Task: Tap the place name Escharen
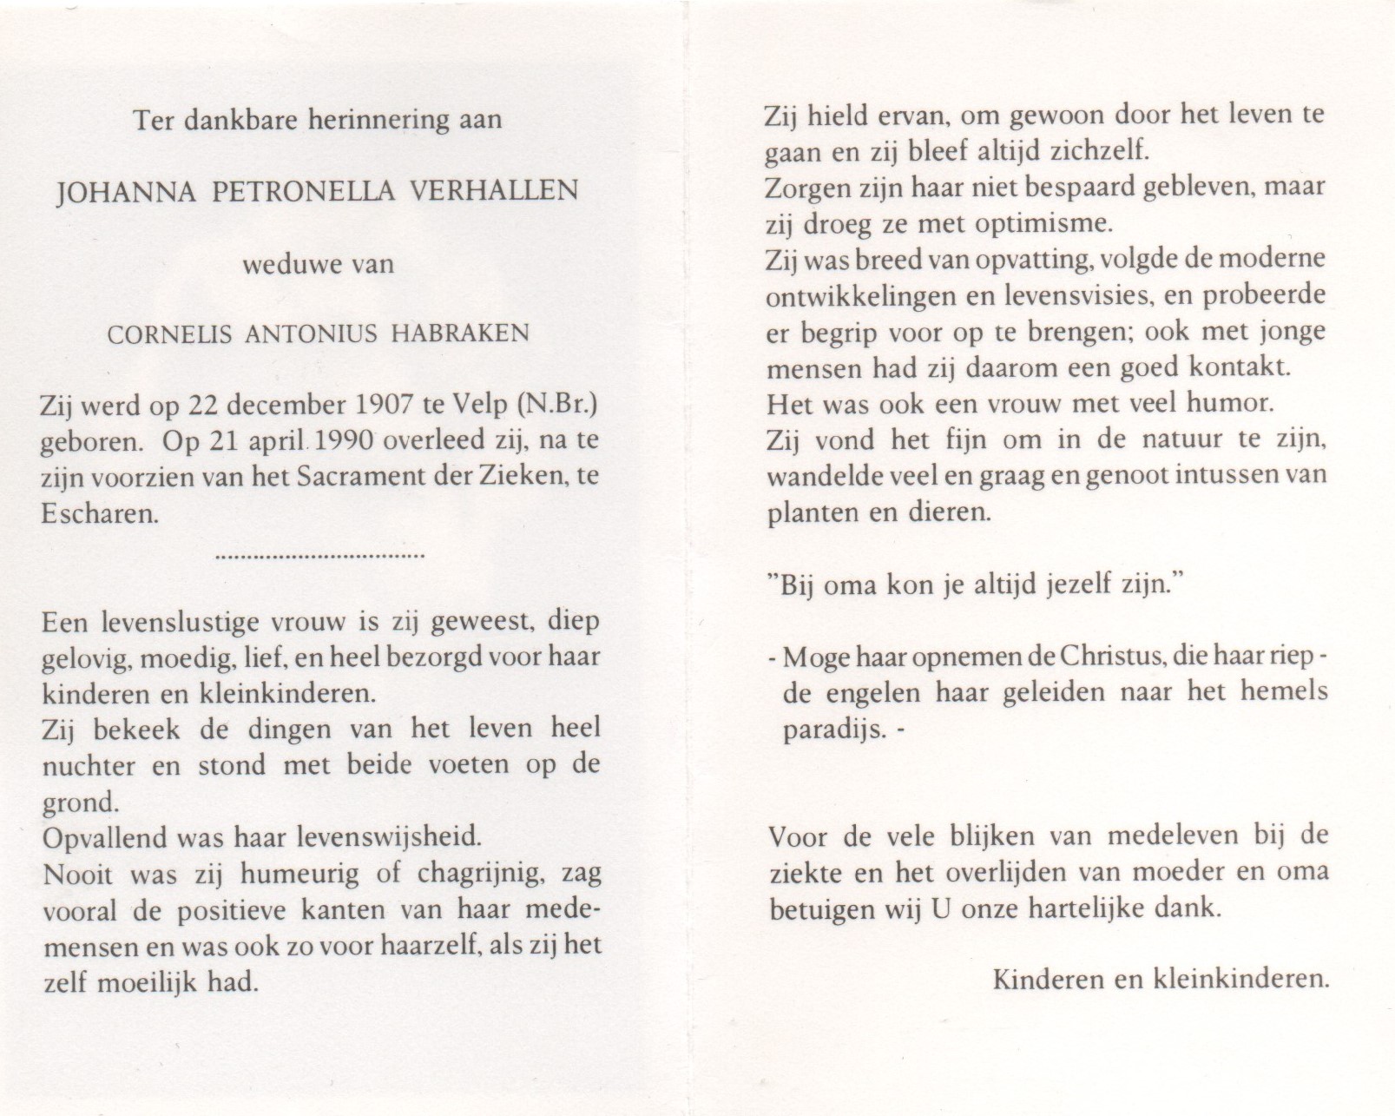click(x=100, y=513)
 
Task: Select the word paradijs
click(x=835, y=730)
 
